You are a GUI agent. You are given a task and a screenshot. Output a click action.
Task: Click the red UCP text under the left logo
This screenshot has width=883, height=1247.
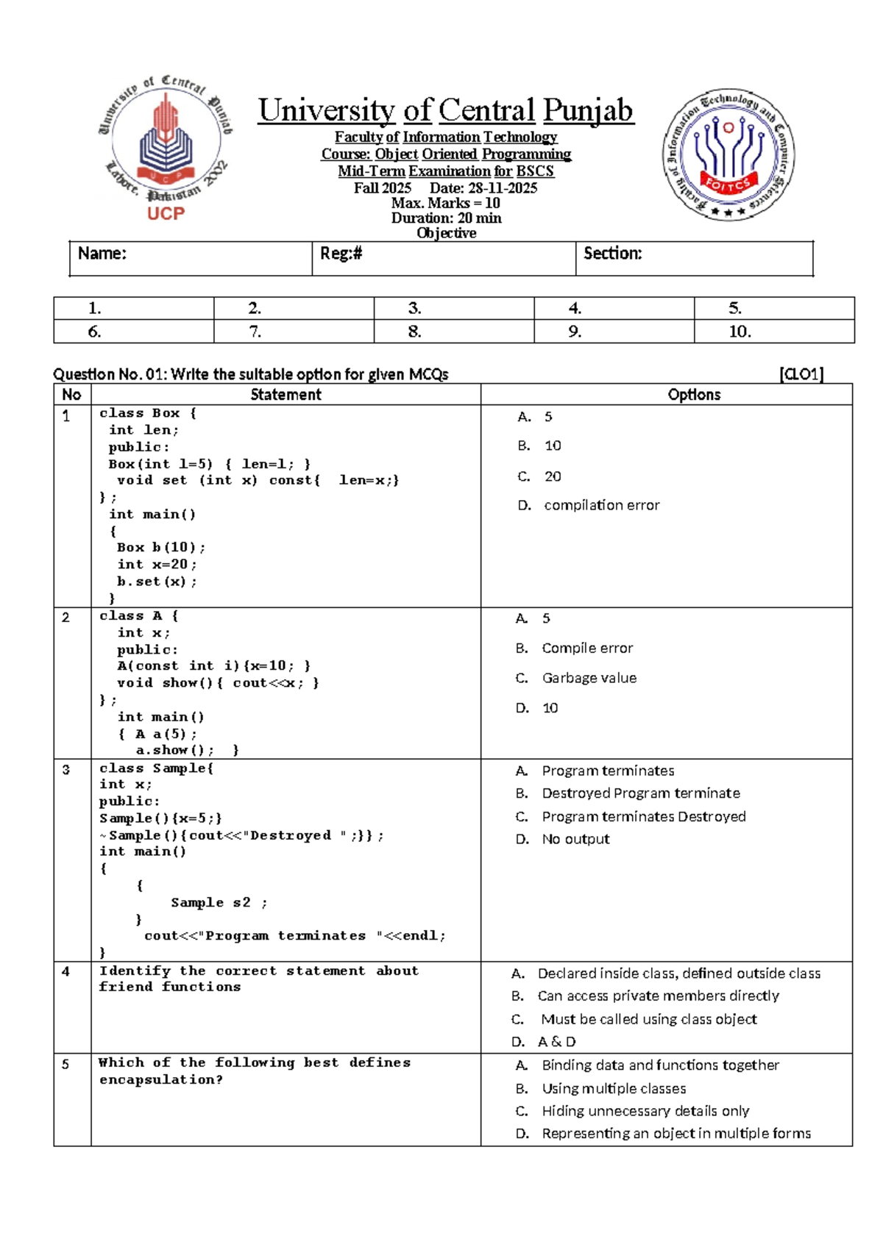[x=166, y=213]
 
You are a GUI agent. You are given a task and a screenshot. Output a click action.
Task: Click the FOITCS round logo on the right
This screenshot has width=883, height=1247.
[x=728, y=155]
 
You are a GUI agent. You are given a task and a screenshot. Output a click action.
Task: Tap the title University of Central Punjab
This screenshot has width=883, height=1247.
[x=445, y=111]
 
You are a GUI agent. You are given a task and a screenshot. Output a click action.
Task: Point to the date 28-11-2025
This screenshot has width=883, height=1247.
[x=503, y=187]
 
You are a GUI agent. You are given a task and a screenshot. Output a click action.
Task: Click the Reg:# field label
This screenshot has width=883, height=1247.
[x=341, y=254]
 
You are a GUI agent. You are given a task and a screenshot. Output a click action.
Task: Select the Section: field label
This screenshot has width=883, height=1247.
[x=612, y=254]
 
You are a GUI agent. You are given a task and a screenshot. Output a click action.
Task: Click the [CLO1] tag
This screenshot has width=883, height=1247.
[x=801, y=374]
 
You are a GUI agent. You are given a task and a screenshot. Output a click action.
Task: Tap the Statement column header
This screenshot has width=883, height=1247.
[x=286, y=395]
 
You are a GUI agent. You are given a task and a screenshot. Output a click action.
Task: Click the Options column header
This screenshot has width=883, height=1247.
[x=694, y=395]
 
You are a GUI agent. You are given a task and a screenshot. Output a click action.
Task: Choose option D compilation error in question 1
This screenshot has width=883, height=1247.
[x=601, y=505]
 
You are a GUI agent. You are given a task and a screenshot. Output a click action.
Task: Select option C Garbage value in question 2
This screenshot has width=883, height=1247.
[x=589, y=678]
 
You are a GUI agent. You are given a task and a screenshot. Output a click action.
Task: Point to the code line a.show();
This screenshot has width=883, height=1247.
[x=174, y=750]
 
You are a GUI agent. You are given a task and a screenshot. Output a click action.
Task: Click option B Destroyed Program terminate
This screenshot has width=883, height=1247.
[x=640, y=793]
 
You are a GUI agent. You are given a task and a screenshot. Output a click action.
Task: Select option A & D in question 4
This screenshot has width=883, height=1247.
[x=556, y=1042]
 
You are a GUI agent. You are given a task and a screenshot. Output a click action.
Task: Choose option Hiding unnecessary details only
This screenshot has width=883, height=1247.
[x=645, y=1111]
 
